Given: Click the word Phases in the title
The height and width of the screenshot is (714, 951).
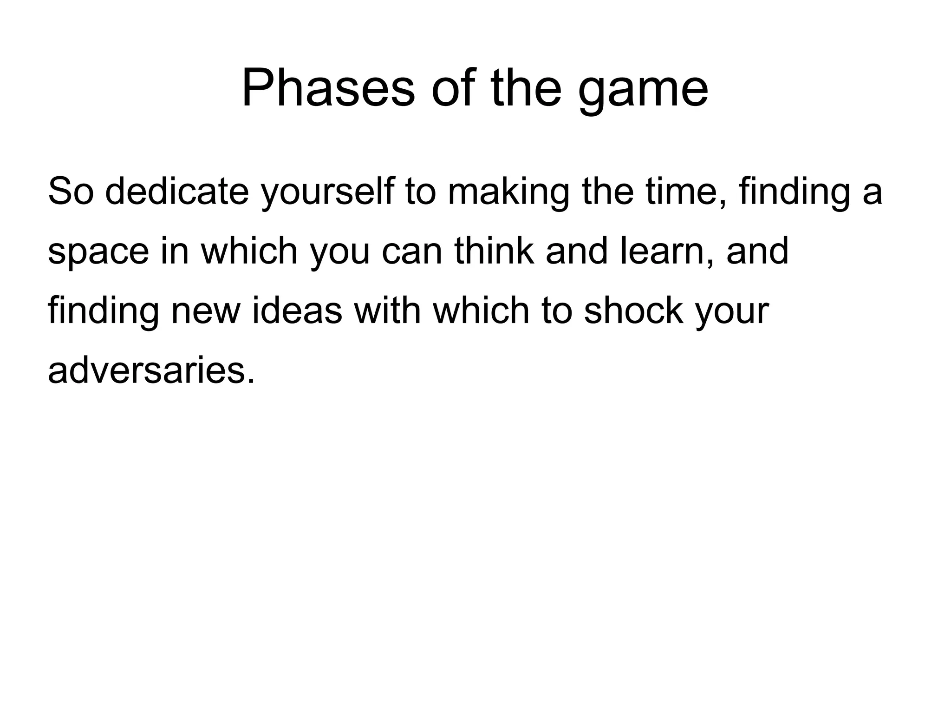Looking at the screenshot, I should pyautogui.click(x=328, y=88).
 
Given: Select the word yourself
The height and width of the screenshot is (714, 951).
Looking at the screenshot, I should pyautogui.click(x=327, y=191).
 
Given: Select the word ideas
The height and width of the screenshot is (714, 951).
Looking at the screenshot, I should pyautogui.click(x=297, y=311).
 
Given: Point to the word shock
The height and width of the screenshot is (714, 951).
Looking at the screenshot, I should pyautogui.click(x=633, y=311).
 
